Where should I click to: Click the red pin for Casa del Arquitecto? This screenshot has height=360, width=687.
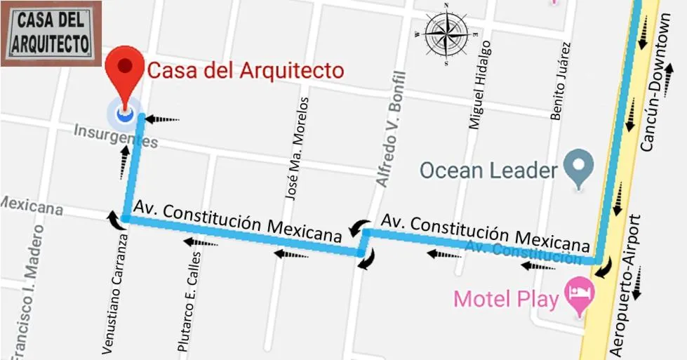coord(126,68)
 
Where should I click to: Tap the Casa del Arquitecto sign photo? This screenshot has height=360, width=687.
coord(51,34)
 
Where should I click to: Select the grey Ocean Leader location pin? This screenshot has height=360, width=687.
coord(578,168)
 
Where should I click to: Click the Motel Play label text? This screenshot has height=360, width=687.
coord(506,299)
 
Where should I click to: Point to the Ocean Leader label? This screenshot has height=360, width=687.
coord(488,170)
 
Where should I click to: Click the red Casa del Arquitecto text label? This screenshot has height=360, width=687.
coord(245,71)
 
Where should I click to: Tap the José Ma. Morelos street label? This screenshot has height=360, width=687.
coord(296,149)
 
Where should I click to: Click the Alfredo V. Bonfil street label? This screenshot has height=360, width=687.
coord(391,130)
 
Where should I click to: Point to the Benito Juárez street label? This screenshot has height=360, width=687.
coord(561,81)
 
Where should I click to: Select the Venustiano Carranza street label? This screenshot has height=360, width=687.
coord(116,293)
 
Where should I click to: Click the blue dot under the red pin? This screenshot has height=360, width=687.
coord(125,112)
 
